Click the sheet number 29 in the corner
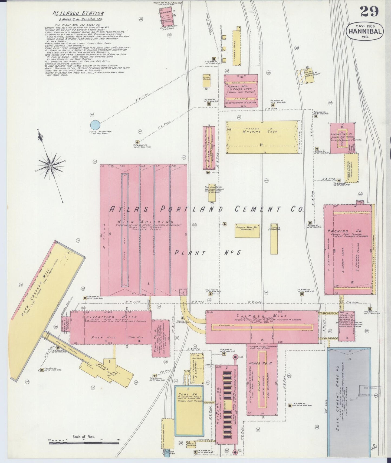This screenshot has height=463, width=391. (369, 11)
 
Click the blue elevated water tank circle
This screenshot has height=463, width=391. (95, 125)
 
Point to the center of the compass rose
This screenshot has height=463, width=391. (50, 165)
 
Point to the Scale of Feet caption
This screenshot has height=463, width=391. (83, 437)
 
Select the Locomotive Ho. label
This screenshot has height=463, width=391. (342, 134)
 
